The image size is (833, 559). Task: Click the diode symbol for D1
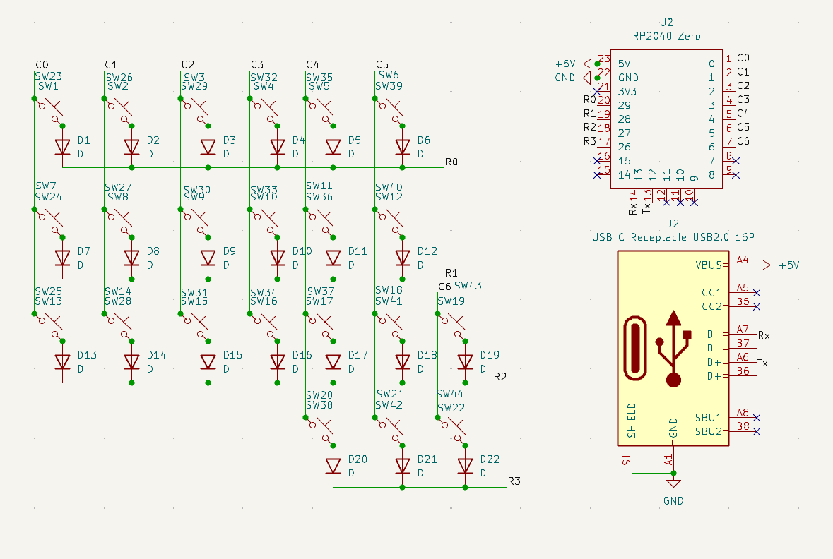62,147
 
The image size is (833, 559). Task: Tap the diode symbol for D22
465,466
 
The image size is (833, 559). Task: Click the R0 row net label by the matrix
451,162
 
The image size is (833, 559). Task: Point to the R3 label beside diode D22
514,481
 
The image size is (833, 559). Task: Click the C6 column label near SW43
444,287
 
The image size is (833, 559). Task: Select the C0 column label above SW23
42,65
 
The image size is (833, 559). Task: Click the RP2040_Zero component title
666,35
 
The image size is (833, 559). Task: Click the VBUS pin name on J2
709,265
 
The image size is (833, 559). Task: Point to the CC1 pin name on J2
711,293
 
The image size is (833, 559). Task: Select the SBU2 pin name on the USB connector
709,431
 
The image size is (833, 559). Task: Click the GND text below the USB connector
673,501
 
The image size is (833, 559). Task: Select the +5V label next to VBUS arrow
788,265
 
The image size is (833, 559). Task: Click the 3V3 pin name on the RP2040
627,91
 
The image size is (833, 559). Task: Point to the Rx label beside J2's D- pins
764,336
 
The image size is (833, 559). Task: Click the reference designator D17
358,355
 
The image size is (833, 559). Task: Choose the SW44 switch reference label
449,394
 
